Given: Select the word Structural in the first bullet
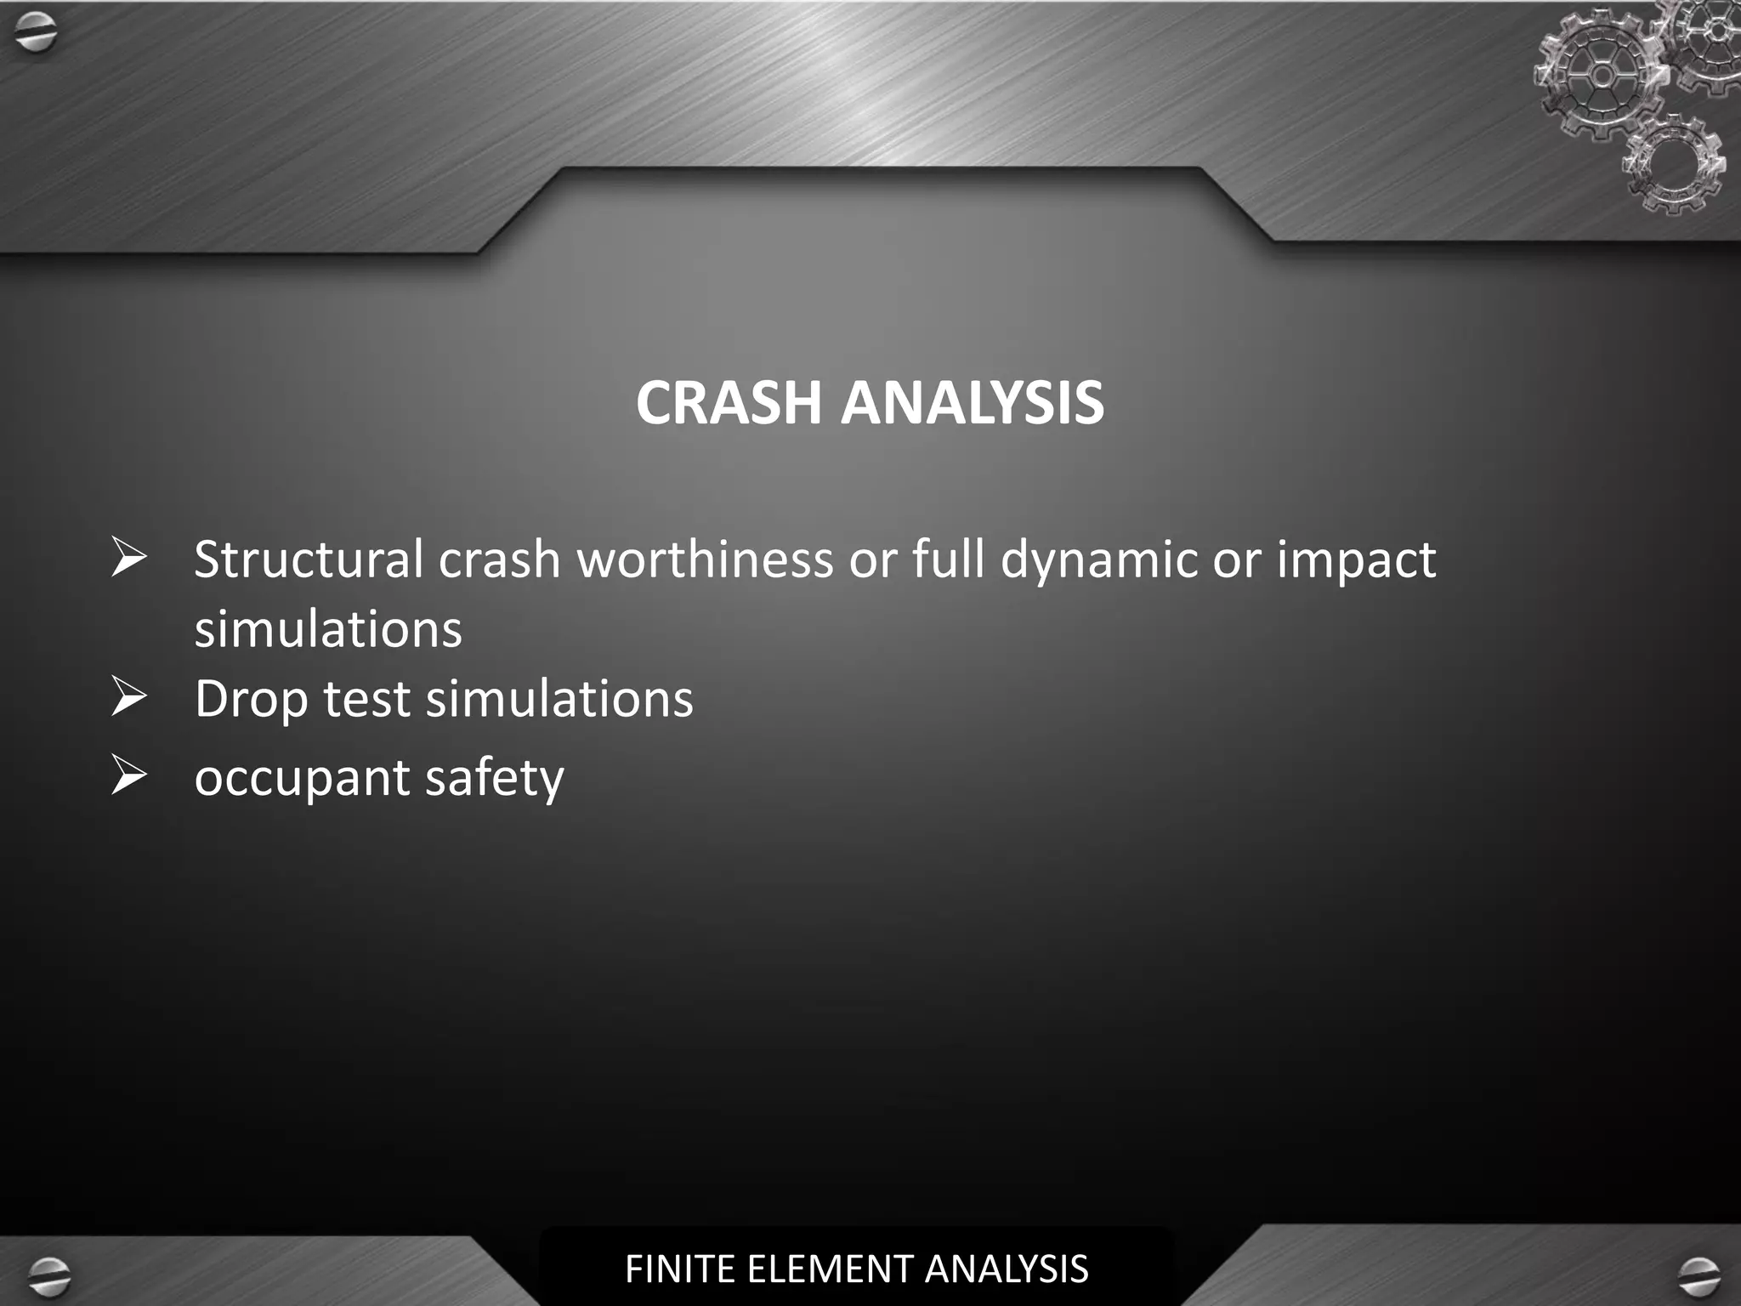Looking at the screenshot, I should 308,559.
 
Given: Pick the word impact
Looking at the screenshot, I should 1356,559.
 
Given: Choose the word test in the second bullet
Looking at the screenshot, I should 366,699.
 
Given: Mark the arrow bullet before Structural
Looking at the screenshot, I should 128,558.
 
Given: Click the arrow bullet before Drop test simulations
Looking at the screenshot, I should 128,697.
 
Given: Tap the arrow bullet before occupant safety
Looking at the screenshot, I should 128,775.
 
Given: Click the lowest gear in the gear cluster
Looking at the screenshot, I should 1673,163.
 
